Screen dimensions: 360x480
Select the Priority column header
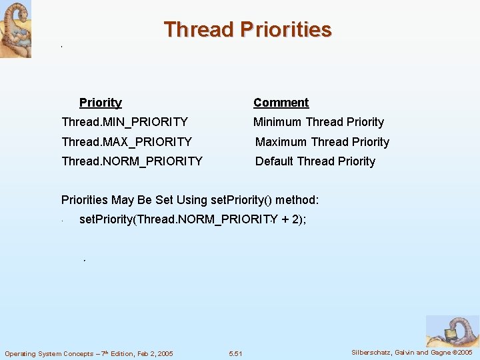pyautogui.click(x=101, y=103)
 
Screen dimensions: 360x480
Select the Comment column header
pyautogui.click(x=281, y=103)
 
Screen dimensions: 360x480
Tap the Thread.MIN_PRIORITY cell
pyautogui.click(x=124, y=122)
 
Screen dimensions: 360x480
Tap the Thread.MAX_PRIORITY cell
pyautogui.click(x=126, y=142)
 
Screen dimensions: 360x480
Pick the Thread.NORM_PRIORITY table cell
pyautogui.click(x=131, y=161)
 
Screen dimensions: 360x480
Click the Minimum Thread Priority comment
pyautogui.click(x=318, y=122)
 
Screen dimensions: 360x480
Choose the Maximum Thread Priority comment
pyautogui.click(x=322, y=142)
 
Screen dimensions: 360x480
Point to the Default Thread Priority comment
pyautogui.click(x=315, y=161)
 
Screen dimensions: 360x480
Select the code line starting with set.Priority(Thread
pyautogui.click(x=193, y=219)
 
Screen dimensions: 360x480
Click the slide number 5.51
pyautogui.click(x=235, y=353)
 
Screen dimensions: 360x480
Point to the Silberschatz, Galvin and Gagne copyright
pyautogui.click(x=411, y=352)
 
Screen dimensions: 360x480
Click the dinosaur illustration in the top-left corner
pyautogui.click(x=15, y=29)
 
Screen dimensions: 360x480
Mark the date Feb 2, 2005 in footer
pyautogui.click(x=150, y=353)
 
